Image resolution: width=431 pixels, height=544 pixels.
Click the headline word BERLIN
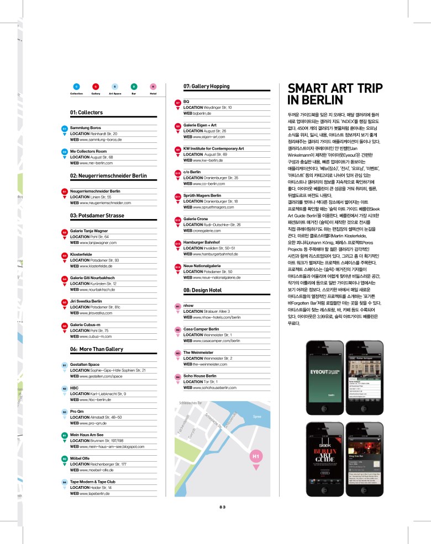coord(312,100)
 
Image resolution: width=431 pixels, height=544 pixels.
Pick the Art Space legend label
coord(115,94)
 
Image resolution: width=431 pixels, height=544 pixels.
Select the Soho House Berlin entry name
coord(202,376)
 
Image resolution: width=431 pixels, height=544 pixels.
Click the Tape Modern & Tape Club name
coord(97,481)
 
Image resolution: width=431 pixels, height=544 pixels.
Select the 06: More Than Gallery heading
coord(97,349)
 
